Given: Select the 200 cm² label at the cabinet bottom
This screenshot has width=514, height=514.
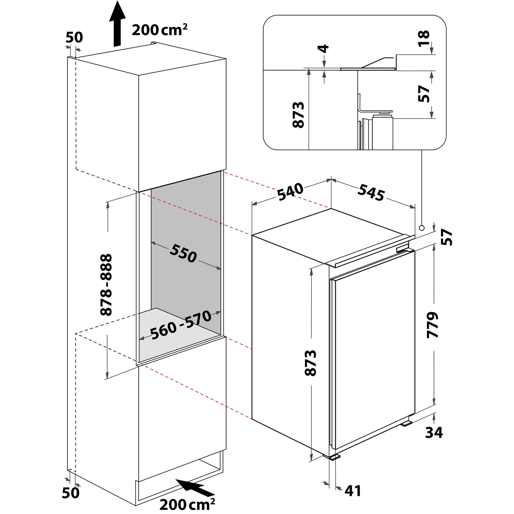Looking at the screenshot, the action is point(187,504).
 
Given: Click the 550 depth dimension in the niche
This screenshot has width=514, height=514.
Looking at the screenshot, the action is point(183,253).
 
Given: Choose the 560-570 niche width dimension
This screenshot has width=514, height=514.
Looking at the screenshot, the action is point(181,325).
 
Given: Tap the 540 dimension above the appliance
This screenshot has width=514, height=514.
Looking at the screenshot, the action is point(290,192).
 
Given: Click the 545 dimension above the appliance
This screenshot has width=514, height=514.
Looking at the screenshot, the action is point(371,193).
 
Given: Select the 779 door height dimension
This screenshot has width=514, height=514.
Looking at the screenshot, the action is point(433,325).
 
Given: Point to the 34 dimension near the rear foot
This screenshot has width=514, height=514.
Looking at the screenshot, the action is point(434,432).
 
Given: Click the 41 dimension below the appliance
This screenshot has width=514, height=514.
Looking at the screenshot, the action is point(353,491).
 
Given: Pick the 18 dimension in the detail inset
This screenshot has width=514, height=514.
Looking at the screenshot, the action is point(424,38).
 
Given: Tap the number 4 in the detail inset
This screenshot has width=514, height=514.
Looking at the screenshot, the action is point(323,48).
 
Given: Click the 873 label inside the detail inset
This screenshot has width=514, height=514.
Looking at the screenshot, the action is point(298,114).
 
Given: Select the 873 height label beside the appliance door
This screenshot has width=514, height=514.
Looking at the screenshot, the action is point(310,363).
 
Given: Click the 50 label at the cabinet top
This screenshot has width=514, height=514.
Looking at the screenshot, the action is point(74,37).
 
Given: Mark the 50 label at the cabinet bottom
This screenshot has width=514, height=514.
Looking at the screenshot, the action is point(71,492).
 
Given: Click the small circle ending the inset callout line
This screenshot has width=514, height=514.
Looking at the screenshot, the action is point(421,228).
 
